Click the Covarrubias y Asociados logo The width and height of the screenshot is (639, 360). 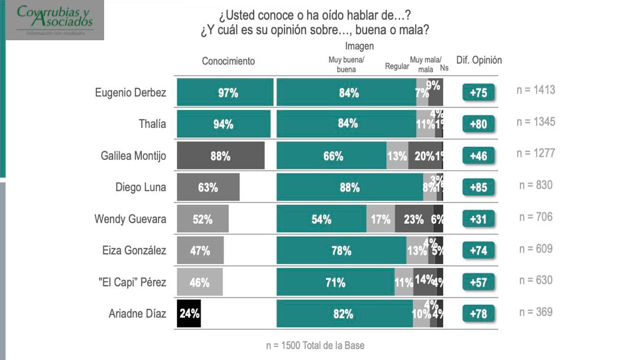55,20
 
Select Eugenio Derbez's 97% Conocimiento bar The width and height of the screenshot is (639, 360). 225,92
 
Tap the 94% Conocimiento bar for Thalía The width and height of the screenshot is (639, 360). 223,124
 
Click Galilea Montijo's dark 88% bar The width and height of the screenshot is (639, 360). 220,156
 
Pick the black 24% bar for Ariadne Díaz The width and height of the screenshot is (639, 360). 189,314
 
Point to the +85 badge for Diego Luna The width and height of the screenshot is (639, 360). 478,188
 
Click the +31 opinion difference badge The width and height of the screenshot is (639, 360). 478,219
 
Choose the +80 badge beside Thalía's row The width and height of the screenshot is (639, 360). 478,124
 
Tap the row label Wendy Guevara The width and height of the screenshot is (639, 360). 130,219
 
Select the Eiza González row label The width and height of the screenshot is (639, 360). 134,250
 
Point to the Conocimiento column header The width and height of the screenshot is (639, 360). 228,61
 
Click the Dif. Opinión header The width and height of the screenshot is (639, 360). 479,60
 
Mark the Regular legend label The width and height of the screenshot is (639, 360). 396,66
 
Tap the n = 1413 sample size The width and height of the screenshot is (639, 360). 535,91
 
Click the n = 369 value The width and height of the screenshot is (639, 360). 535,311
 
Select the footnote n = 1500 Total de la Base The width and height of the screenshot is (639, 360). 319,345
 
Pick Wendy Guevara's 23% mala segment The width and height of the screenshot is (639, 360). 414,219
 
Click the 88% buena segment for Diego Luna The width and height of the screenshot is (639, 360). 350,188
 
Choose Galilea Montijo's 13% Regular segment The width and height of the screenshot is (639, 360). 397,156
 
